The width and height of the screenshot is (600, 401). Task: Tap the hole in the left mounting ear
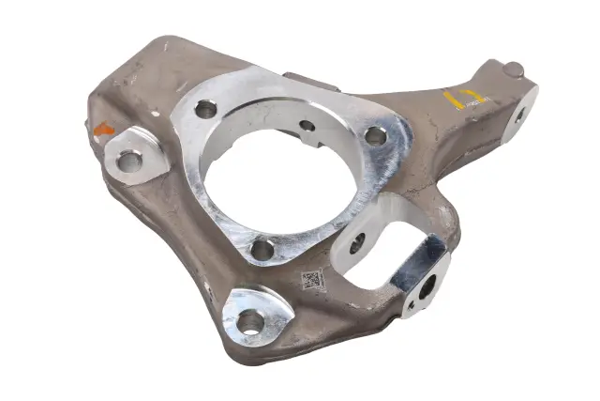[x=129, y=161]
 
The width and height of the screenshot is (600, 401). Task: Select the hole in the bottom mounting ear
[x=249, y=321]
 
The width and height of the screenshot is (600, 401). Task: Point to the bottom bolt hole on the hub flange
[x=262, y=249]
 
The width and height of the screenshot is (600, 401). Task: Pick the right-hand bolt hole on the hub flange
[x=376, y=135]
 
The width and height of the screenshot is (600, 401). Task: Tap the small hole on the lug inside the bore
[x=307, y=125]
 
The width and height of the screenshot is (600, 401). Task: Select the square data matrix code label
[x=312, y=279]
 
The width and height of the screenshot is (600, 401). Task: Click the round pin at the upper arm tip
[x=513, y=69]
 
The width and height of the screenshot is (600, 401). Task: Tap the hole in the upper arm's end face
[x=519, y=115]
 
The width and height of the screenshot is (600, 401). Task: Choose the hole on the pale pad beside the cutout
[x=357, y=243]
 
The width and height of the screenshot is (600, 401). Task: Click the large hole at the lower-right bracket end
[x=427, y=286]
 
